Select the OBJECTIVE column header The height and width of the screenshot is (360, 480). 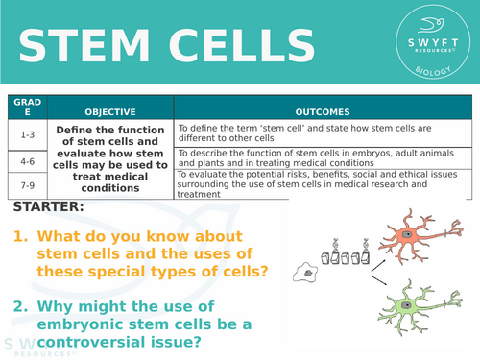(x=109, y=111)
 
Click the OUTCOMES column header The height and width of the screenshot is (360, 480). (x=324, y=111)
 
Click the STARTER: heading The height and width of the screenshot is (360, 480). (x=49, y=207)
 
